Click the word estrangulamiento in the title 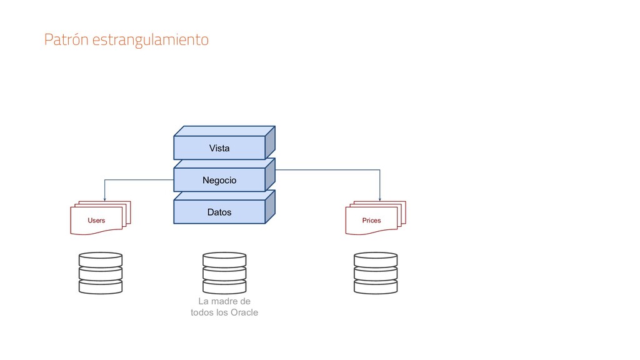[x=150, y=41]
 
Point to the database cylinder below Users [x=100, y=273]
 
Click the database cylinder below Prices [x=375, y=273]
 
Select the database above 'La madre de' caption [x=224, y=273]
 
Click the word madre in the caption [x=224, y=301]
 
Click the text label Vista [x=219, y=148]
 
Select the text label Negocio [x=219, y=181]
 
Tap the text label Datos [x=219, y=212]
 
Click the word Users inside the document [x=96, y=221]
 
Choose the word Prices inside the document [x=371, y=221]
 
